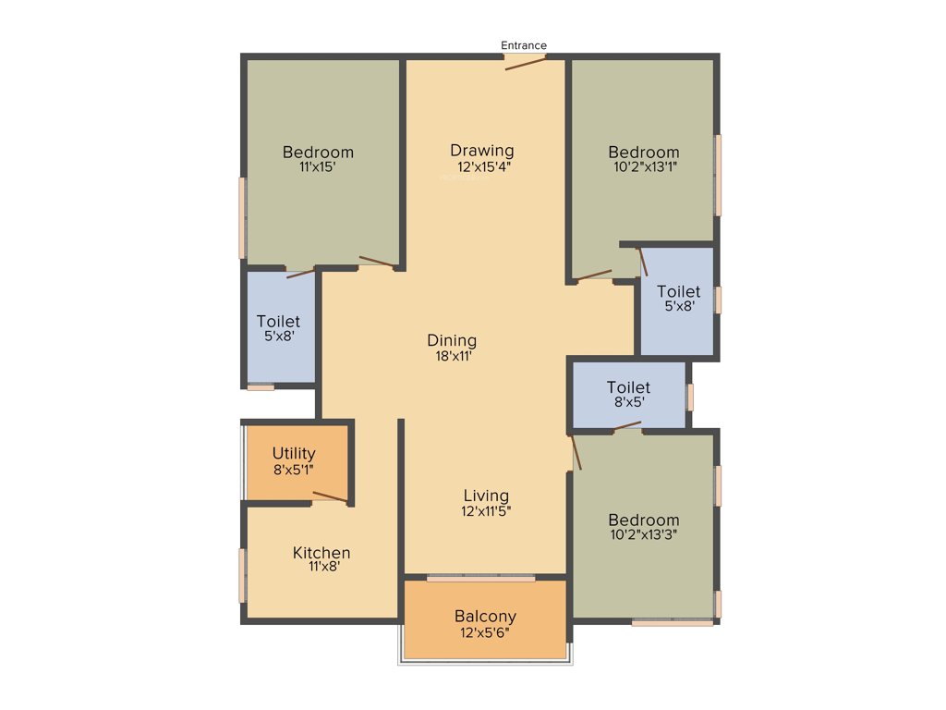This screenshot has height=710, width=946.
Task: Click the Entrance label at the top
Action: point(524,45)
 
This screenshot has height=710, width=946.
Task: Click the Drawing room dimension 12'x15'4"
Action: point(484,167)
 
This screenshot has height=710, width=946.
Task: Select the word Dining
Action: point(452,339)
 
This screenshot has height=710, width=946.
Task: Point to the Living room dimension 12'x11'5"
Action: point(486,511)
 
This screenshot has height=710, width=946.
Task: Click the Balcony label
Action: point(485,617)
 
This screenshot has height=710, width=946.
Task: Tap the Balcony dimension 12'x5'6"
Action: point(485,633)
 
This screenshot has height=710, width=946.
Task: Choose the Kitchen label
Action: point(321,553)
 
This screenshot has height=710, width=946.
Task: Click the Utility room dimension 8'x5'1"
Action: point(295,469)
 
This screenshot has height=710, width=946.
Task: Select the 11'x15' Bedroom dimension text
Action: point(318,167)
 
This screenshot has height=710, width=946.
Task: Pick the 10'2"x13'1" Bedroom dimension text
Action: point(644,167)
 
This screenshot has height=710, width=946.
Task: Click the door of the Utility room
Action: point(330,498)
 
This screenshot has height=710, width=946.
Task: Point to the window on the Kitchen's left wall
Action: point(243,575)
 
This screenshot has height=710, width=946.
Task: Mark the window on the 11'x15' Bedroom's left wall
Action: point(243,218)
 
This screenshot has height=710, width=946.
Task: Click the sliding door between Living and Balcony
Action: point(480,579)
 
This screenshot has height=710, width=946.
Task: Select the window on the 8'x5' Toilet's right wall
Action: point(689,396)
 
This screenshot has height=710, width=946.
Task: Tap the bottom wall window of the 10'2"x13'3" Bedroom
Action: point(673,623)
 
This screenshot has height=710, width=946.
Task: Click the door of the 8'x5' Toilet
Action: point(628,426)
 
